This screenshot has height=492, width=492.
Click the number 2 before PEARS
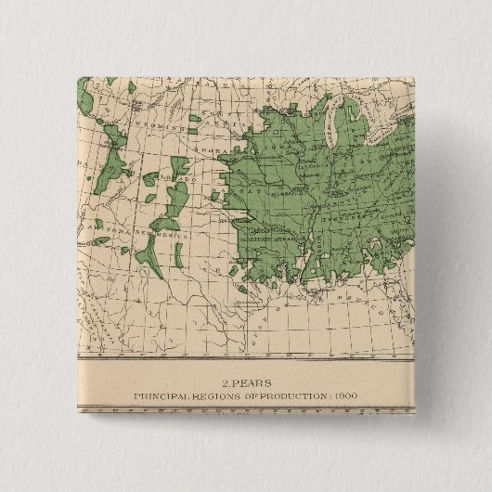[x=225, y=381]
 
